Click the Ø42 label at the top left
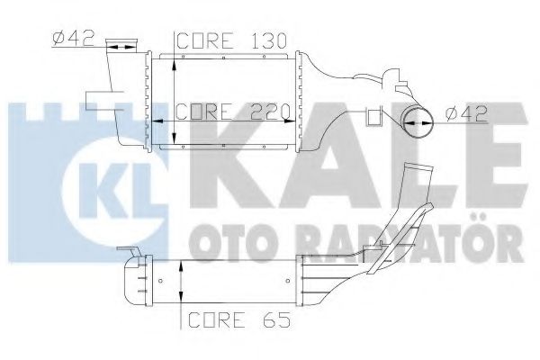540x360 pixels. click(69, 39)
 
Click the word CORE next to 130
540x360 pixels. click(202, 41)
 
